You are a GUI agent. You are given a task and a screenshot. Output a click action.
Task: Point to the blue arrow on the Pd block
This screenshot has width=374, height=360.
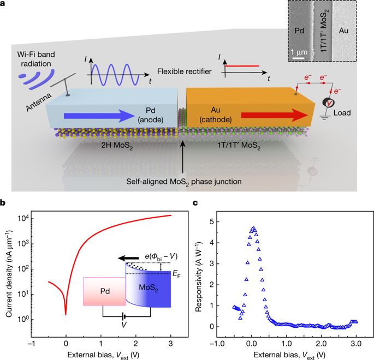[99, 116]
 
